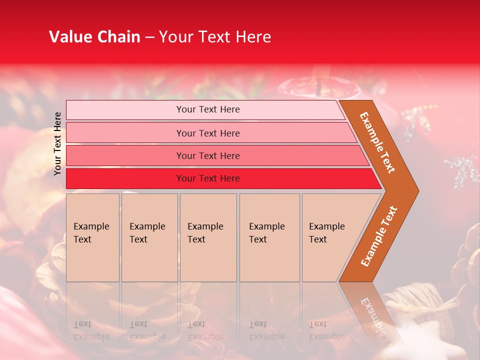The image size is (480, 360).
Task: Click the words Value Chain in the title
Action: tap(94, 37)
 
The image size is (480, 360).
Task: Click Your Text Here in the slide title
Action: tap(215, 37)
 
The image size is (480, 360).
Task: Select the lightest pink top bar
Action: tap(208, 109)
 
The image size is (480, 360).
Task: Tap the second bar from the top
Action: tap(208, 133)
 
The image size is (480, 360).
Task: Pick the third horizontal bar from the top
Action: tap(208, 156)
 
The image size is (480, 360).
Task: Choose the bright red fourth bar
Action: tap(208, 178)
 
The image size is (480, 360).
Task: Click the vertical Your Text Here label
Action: tap(57, 143)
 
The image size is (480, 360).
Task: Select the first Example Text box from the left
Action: tap(92, 237)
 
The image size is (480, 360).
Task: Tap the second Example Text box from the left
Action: tap(149, 237)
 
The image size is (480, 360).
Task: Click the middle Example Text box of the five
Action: tap(208, 237)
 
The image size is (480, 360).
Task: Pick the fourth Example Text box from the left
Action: tap(269, 237)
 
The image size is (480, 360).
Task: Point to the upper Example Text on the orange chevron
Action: tap(378, 142)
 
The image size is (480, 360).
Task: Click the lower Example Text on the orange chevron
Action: tap(379, 236)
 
